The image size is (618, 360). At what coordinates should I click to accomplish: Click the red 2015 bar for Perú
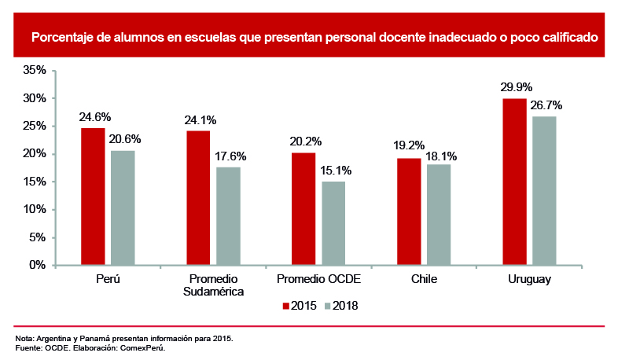click(x=93, y=197)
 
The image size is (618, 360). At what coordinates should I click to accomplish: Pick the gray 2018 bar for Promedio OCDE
click(x=333, y=223)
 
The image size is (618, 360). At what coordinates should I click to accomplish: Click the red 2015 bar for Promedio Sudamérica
click(x=198, y=197)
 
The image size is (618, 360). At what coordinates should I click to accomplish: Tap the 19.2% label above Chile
click(x=409, y=145)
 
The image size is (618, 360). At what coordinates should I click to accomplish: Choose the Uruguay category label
click(x=529, y=280)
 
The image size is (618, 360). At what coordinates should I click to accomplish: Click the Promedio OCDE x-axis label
click(x=318, y=280)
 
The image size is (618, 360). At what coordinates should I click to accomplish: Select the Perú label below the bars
click(x=107, y=280)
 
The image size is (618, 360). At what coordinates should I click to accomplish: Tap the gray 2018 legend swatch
click(x=329, y=305)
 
